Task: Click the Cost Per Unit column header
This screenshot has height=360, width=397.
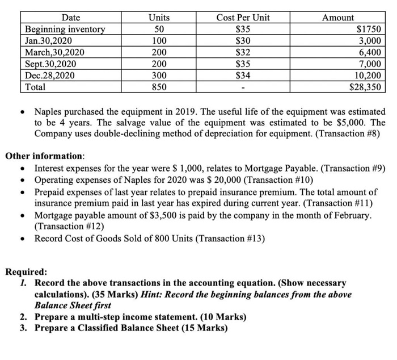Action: (x=243, y=18)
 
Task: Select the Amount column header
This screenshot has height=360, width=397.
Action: (x=337, y=18)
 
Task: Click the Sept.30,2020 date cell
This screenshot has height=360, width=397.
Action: (x=50, y=64)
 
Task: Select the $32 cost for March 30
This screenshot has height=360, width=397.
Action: (x=243, y=53)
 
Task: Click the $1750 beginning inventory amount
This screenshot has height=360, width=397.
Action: (x=369, y=30)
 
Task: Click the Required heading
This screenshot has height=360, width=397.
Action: (x=26, y=272)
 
